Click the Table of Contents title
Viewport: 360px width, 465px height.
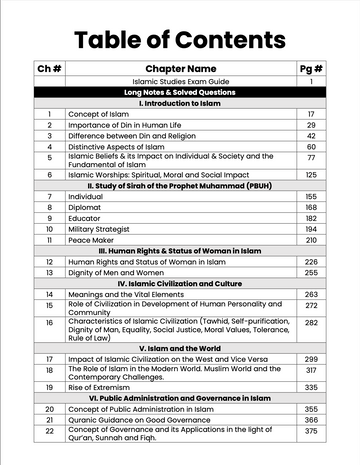tap(179, 39)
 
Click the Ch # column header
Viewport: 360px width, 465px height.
tap(49, 68)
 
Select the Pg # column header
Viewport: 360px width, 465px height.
tap(310, 68)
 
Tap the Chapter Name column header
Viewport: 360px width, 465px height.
tap(180, 68)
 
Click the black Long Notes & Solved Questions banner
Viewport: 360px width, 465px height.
tap(180, 92)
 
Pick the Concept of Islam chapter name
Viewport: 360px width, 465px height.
tap(98, 114)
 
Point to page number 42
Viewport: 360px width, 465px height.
tap(311, 135)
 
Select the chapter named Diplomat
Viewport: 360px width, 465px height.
tap(86, 208)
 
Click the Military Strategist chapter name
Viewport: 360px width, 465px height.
tap(103, 229)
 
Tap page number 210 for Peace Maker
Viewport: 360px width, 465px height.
tap(311, 240)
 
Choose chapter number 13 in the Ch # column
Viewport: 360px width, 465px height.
tap(49, 272)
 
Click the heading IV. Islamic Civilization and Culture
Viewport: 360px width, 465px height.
tap(180, 283)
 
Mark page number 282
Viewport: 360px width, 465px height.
tap(311, 323)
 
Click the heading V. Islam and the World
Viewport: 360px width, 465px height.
tap(180, 346)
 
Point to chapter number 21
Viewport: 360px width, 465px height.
tap(49, 420)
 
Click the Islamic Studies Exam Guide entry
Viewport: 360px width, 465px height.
tap(180, 81)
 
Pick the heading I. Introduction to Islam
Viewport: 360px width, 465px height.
tap(180, 103)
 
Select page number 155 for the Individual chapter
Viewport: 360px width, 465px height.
tap(311, 197)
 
